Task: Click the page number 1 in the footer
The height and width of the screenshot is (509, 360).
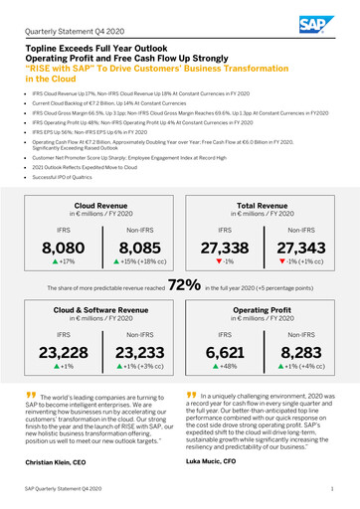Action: click(330, 490)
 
